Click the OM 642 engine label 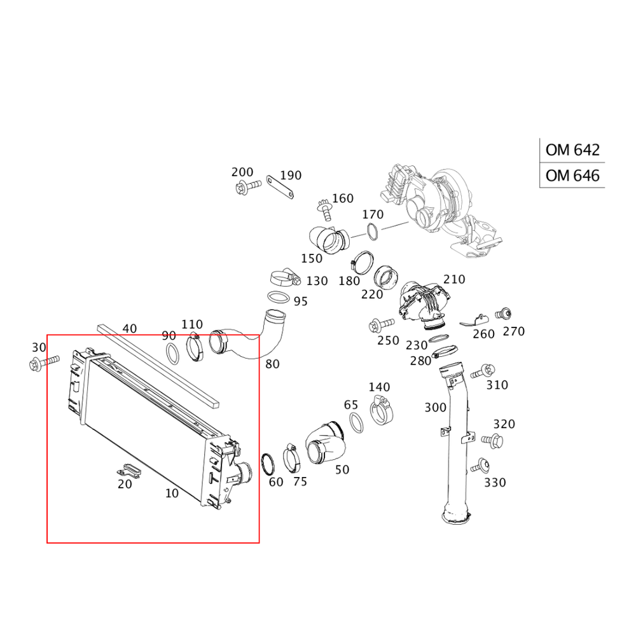click(x=572, y=150)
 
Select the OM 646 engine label click(x=572, y=176)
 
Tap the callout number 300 click(x=435, y=407)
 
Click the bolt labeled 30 click(x=45, y=362)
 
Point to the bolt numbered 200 click(x=249, y=187)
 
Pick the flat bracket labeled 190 click(x=280, y=188)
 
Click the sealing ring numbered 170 click(x=373, y=231)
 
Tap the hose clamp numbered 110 click(x=195, y=348)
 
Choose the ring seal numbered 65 click(x=356, y=423)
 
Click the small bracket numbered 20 click(x=128, y=471)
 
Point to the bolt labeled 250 click(x=381, y=325)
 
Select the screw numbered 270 click(x=503, y=314)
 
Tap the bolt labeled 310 click(x=483, y=371)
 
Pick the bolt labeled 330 click(x=480, y=466)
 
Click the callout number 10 click(x=172, y=494)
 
